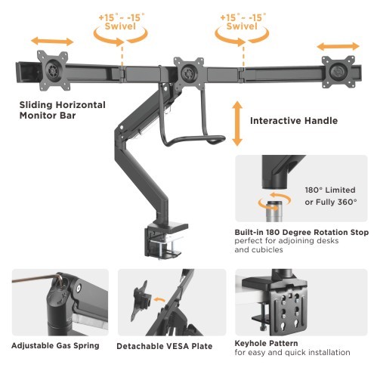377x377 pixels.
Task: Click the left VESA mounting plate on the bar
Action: [x=52, y=70]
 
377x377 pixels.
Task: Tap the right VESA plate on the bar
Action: [x=338, y=72]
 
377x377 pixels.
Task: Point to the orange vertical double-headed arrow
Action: [x=237, y=123]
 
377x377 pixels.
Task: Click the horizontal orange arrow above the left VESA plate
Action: [x=52, y=42]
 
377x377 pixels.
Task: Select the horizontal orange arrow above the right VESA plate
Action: [x=338, y=46]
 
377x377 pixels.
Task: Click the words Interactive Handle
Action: [x=294, y=121]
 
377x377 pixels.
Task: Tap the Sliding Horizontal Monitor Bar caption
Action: [x=63, y=110]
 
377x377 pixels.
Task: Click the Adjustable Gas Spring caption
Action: [x=55, y=345]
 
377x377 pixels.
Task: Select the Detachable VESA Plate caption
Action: [x=165, y=346]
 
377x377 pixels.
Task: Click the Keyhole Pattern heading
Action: [x=266, y=343]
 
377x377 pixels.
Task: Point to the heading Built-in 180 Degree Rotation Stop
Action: [x=301, y=232]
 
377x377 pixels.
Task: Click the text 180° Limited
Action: [x=330, y=190]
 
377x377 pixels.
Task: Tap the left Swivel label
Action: [x=120, y=26]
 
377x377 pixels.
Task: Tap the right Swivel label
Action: [x=242, y=26]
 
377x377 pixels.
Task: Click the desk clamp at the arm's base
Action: [x=165, y=239]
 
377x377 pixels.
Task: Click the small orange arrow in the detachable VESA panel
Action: [x=159, y=300]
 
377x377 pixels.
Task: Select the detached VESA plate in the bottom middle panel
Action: [x=141, y=301]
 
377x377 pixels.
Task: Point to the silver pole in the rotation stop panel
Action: [x=273, y=211]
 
